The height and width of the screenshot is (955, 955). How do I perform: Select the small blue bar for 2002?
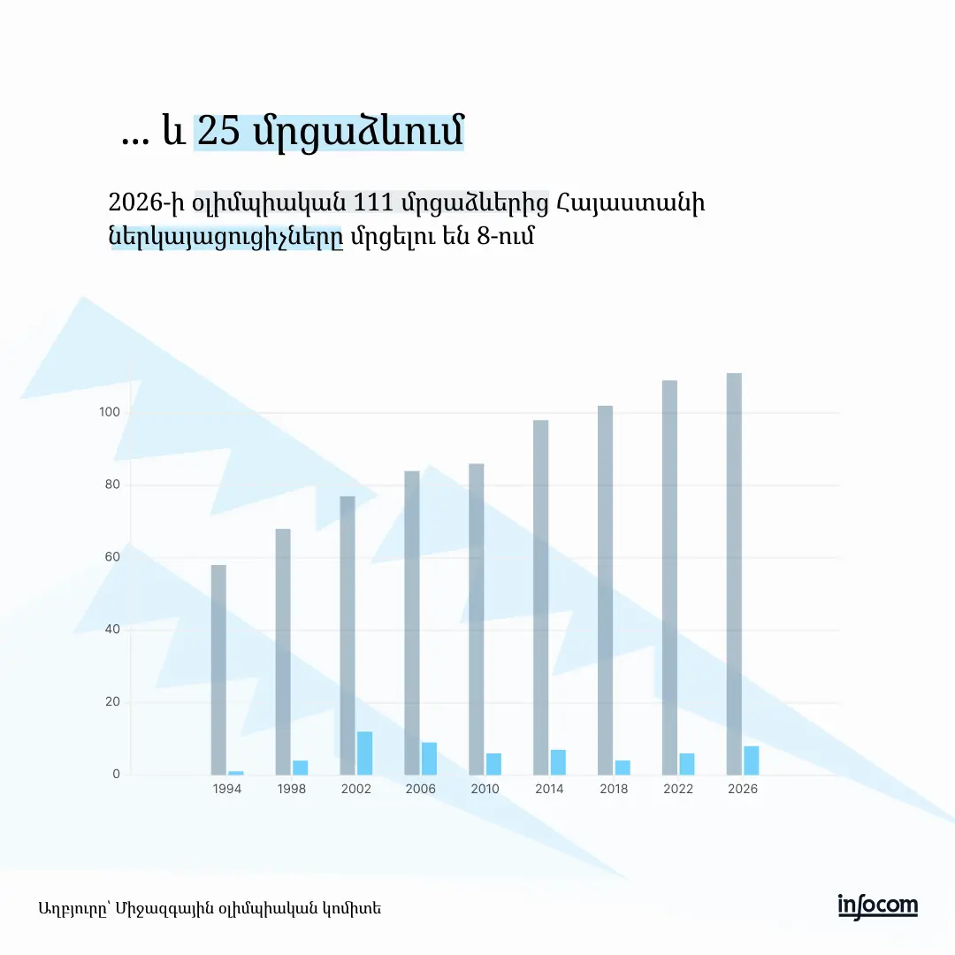pos(364,753)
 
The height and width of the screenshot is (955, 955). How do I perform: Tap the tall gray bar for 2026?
pos(734,574)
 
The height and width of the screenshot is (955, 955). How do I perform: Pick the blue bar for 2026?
pos(751,760)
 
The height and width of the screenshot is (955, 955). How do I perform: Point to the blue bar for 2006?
pos(429,759)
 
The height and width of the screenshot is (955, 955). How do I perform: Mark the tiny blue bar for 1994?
pos(235,773)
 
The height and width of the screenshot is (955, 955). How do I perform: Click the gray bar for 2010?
pos(476,619)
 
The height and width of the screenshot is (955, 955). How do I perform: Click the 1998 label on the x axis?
pos(291,789)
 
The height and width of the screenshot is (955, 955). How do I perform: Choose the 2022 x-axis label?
pos(678,789)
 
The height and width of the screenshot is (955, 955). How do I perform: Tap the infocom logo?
pos(877,906)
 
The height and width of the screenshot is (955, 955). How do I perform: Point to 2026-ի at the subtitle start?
pos(146,202)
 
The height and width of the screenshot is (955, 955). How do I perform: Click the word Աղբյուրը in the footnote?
pos(73,908)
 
